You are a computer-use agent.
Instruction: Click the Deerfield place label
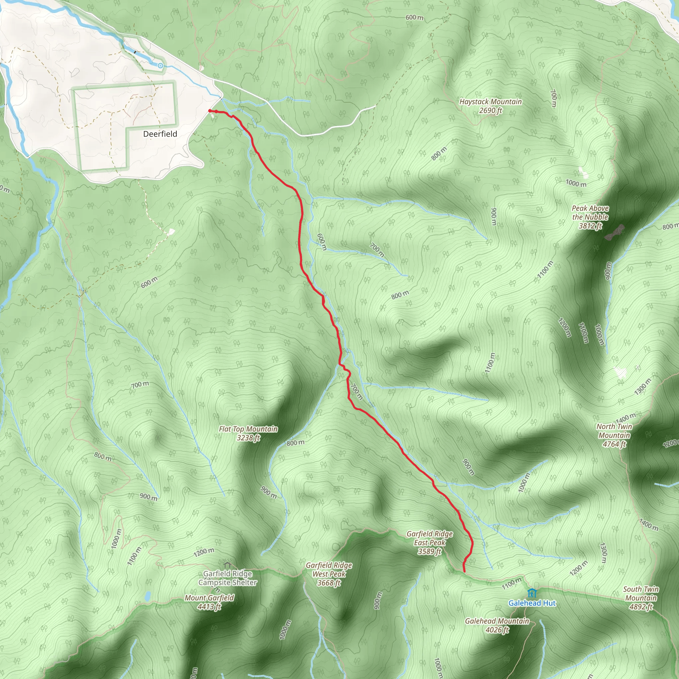coord(160,134)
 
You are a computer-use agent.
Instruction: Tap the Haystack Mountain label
coord(491,106)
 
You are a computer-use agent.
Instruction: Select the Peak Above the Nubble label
coord(590,217)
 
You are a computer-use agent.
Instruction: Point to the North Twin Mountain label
coord(614,435)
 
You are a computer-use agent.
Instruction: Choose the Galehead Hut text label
coord(532,603)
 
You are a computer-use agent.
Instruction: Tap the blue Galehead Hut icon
coord(532,593)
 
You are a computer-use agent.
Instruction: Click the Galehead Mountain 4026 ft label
coord(497,625)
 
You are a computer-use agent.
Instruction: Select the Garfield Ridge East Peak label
coord(429,542)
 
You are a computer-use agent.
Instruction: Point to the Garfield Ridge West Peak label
coord(329,574)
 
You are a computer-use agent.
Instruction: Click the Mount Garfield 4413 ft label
coord(210,602)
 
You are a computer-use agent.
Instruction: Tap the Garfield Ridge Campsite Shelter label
coord(228,578)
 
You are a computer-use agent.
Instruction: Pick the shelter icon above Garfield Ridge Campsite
coord(227,565)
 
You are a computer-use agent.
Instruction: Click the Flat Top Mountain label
coord(248,433)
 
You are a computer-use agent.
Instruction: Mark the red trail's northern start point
coord(210,111)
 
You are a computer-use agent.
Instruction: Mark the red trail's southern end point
coord(464,572)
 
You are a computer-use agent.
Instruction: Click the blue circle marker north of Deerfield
coord(160,65)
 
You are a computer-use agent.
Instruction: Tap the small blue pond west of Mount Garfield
coord(148,596)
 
